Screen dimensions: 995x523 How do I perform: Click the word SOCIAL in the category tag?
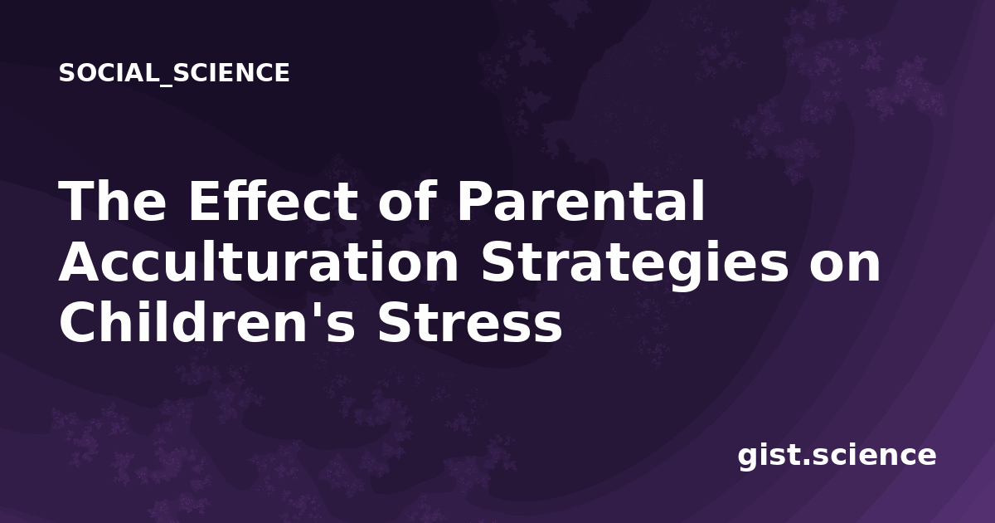pos(109,72)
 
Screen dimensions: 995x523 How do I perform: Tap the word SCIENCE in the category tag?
pos(231,72)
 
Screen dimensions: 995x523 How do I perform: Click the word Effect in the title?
pos(273,201)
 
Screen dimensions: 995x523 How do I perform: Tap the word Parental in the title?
pos(580,201)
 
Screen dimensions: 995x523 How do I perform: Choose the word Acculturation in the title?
pos(259,262)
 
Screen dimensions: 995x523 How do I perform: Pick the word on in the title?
pos(844,266)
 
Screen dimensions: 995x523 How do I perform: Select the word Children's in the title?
pos(206,322)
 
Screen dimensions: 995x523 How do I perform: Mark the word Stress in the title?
pos(470,322)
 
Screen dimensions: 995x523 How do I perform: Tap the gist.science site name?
pos(837,456)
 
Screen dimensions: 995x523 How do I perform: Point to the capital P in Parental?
pos(475,201)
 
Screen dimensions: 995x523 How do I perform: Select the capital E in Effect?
pos(206,201)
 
